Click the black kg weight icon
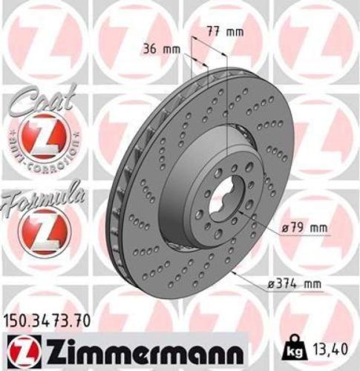coord(294,347)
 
